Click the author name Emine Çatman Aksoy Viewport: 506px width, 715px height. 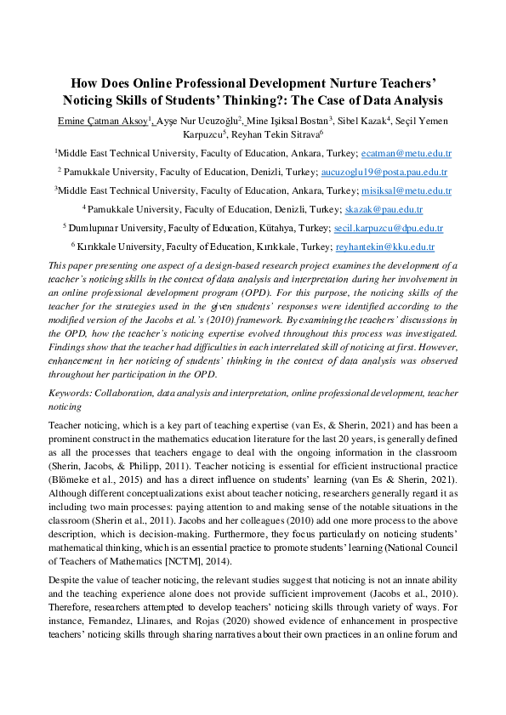[101, 122]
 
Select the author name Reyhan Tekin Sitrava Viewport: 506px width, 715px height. [276, 134]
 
